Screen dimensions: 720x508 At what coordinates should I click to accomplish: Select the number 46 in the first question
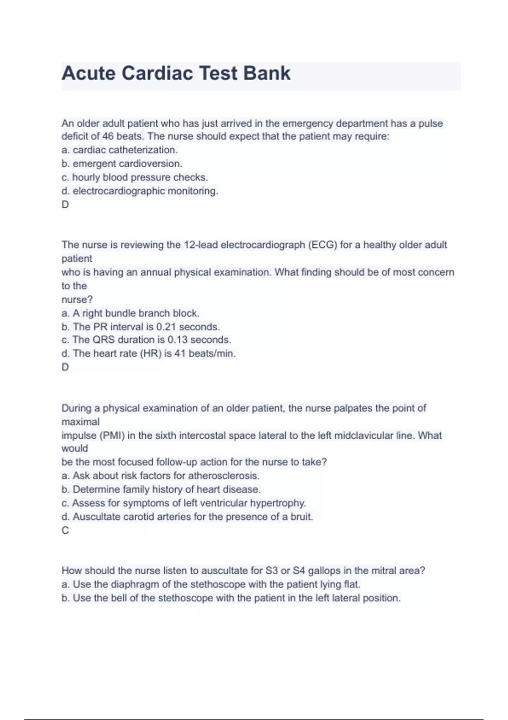click(108, 136)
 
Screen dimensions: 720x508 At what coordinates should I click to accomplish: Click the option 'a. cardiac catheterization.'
click(119, 150)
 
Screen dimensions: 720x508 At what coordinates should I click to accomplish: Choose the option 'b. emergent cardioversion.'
click(121, 163)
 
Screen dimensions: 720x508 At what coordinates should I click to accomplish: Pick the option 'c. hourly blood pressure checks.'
click(135, 177)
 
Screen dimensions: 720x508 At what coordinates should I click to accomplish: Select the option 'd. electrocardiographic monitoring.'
click(140, 191)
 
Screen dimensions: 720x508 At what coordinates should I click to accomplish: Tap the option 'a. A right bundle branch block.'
click(130, 313)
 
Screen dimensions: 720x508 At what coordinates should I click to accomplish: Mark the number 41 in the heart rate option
click(180, 354)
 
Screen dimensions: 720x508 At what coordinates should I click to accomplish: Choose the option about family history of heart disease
click(161, 490)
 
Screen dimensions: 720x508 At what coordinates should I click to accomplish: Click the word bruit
click(301, 517)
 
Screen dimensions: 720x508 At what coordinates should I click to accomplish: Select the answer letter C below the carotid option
click(65, 530)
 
